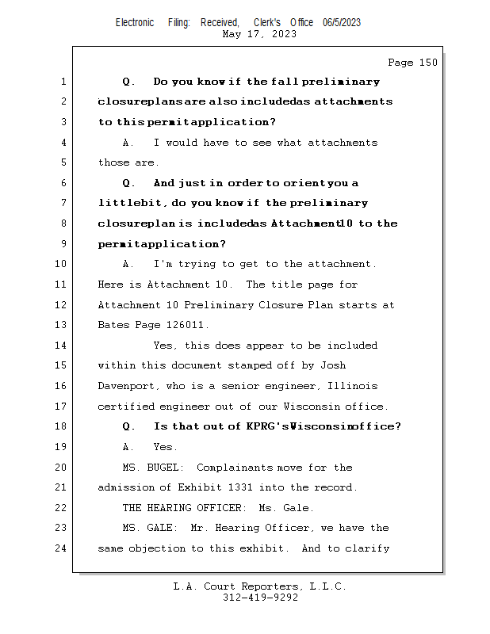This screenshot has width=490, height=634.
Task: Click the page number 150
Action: coord(427,63)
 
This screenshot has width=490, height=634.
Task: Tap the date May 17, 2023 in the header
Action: coord(260,34)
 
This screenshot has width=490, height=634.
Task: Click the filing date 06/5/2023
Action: coord(342,22)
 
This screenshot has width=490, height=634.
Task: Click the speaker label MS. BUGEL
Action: coord(152,468)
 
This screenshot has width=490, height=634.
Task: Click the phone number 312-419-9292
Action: coord(260,598)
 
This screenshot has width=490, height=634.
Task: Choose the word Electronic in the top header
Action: coord(135,22)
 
